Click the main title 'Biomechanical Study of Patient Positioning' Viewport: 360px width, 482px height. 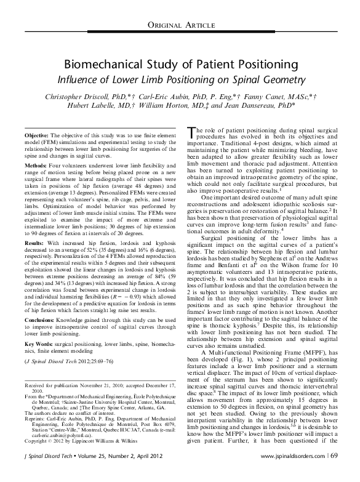pos(180,65)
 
